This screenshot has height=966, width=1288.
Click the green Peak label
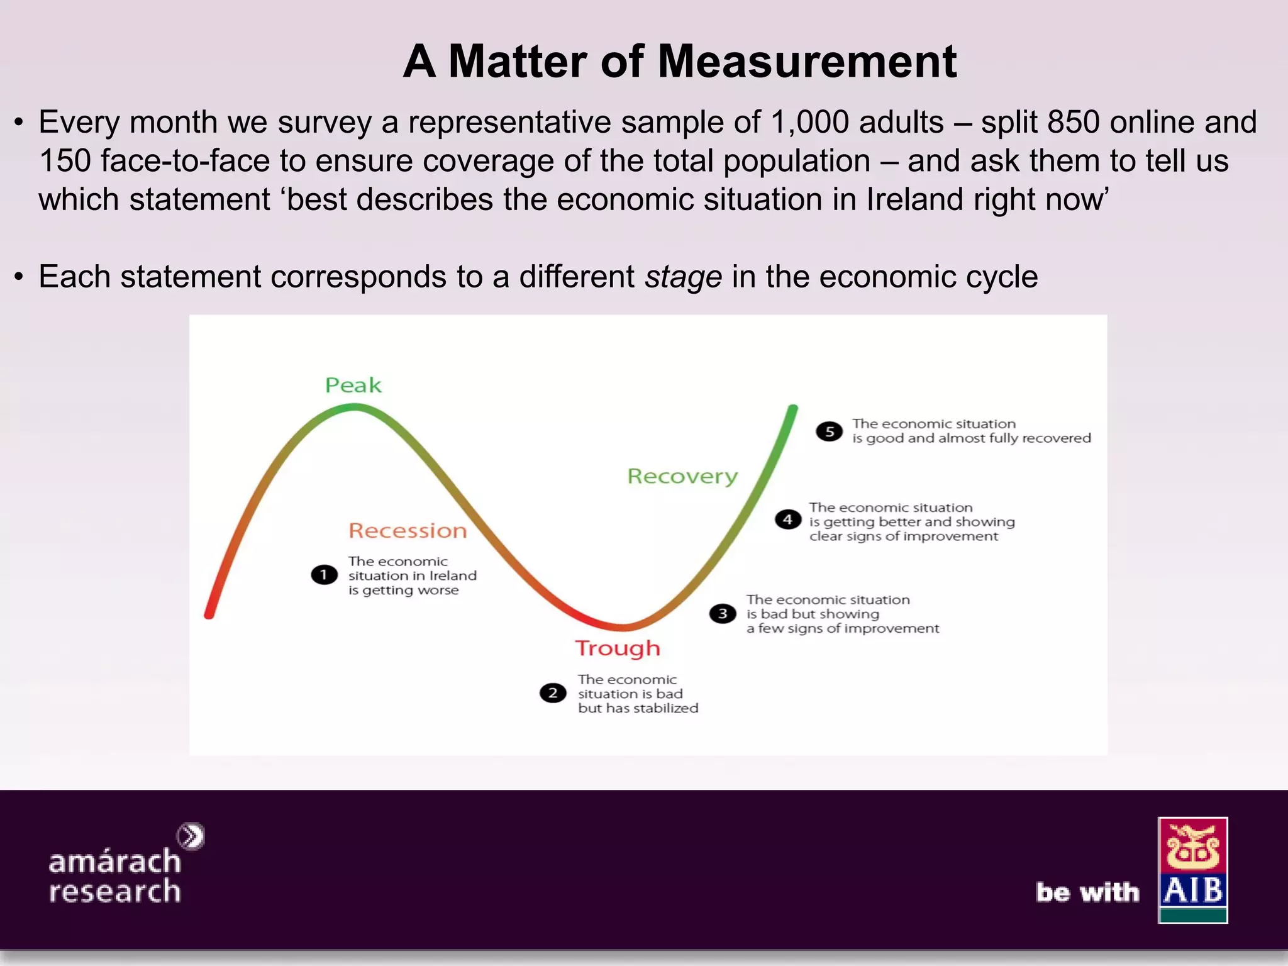click(x=353, y=385)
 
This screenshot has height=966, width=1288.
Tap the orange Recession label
click(x=408, y=531)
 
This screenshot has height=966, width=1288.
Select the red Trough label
click(x=618, y=648)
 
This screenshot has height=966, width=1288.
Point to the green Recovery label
click(x=682, y=476)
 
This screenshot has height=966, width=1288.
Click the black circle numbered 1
click(x=324, y=575)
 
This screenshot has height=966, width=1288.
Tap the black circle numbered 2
click(x=553, y=693)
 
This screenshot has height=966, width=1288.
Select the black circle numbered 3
click(x=723, y=614)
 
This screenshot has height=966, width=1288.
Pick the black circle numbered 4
click(x=787, y=520)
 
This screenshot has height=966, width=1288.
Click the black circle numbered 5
click(x=829, y=431)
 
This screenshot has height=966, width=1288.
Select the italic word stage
click(x=683, y=277)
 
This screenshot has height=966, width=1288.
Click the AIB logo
click(x=1192, y=870)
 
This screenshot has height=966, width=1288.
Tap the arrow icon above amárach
click(x=191, y=836)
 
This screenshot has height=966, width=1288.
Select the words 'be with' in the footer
click(x=1087, y=892)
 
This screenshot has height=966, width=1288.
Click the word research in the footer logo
click(x=115, y=891)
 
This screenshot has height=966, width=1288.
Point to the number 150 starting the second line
click(x=65, y=161)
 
